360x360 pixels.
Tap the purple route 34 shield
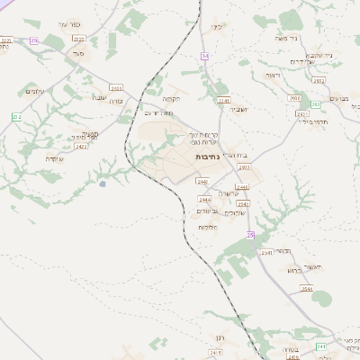205,56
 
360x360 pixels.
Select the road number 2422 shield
81,145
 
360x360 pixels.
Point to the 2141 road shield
223,100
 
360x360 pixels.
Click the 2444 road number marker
204,199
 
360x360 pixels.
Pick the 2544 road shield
307,289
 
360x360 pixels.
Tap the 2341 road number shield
266,253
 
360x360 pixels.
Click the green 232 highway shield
16,118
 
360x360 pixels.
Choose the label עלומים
35,91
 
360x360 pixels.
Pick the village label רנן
217,338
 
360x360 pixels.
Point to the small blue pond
103,184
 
